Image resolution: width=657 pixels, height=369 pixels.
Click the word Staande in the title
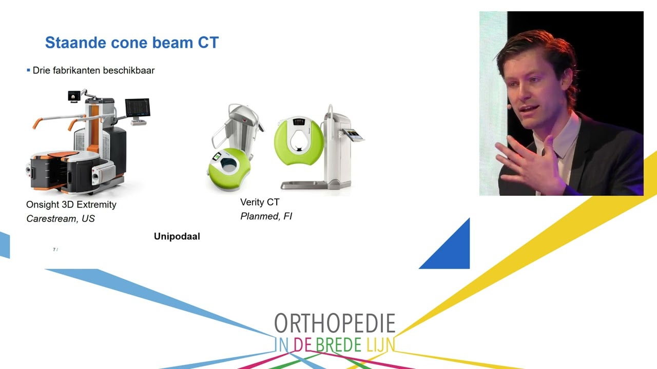pos(75,43)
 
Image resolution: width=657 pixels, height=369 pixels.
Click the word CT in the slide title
pos(208,43)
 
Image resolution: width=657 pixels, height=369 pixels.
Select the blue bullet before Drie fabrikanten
pos(28,70)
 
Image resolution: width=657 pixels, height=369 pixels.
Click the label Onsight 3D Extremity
pos(71,204)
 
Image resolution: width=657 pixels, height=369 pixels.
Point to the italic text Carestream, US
pos(61,218)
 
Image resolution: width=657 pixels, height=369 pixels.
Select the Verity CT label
pos(260,202)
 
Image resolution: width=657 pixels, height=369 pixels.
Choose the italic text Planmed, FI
pos(266,216)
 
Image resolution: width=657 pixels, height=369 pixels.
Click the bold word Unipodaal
pos(177,236)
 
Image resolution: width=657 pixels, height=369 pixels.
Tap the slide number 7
pos(54,250)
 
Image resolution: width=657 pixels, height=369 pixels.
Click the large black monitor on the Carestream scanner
pos(138,108)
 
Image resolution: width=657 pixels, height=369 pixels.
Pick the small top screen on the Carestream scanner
pos(74,96)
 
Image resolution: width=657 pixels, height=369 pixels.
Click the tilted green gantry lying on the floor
pos(229,169)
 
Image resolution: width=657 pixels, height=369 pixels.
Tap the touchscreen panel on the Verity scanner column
pos(354,135)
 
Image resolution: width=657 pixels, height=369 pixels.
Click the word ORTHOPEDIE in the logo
pos(335,323)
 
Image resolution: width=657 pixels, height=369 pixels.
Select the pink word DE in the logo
pos(303,345)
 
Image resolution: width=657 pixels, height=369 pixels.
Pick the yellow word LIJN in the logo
pos(381,345)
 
